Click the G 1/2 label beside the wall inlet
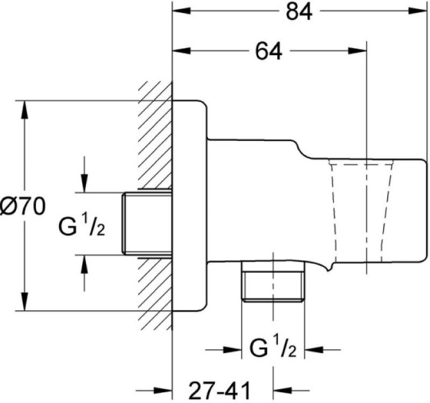[x=88, y=225]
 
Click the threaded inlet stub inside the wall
[x=147, y=224]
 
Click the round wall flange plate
[x=190, y=205]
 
